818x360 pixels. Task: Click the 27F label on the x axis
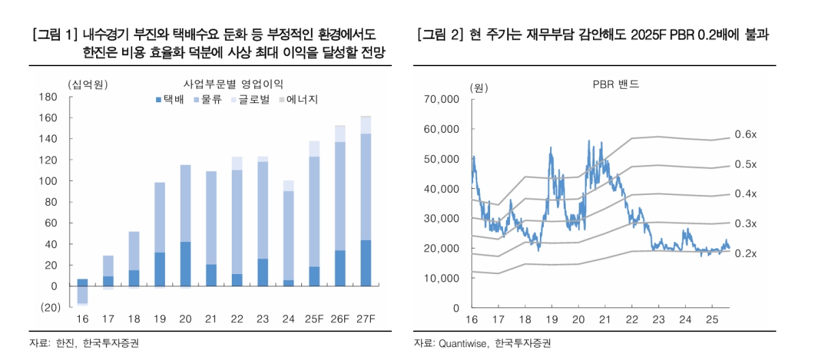365,320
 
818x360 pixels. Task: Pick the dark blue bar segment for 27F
365,263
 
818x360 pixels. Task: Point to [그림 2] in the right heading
438,35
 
